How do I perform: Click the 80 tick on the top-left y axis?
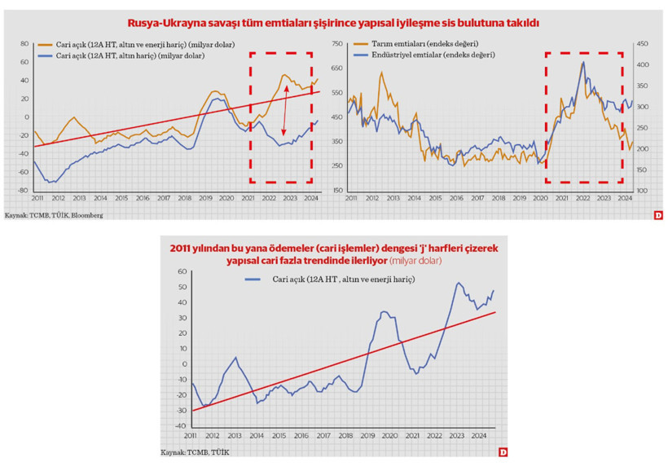[x=24, y=43]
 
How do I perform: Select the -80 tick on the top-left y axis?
[x=23, y=191]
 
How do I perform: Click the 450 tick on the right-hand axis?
[x=642, y=43]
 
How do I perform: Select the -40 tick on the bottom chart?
[x=180, y=425]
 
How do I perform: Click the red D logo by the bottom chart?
[x=503, y=452]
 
